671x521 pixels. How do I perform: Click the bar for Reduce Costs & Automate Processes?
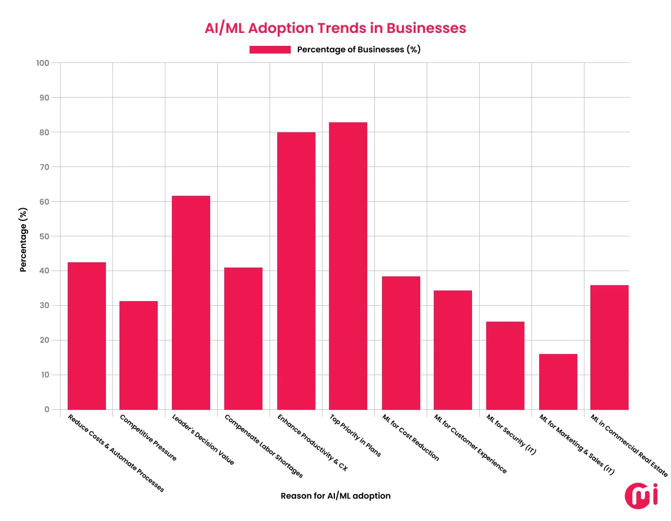87,336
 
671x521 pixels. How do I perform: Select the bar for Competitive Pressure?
138,355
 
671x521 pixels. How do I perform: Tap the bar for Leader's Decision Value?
191,302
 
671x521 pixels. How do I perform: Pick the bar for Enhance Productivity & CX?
296,270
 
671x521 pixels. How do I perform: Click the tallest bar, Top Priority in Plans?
348,266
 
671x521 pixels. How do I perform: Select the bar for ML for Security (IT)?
505,365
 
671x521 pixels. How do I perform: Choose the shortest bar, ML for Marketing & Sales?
558,382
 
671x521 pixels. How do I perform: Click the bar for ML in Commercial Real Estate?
609,347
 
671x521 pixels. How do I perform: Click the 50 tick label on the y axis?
45,236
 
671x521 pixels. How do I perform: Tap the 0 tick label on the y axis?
47,409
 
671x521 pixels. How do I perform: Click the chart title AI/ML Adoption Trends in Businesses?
335,28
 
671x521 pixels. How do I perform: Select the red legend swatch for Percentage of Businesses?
270,50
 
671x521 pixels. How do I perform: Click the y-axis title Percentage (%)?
24,239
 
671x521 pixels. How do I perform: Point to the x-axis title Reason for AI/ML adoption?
336,496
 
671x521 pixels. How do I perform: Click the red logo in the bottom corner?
641,496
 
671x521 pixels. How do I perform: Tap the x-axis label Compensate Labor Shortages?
264,446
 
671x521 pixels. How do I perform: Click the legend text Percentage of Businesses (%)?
358,50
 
